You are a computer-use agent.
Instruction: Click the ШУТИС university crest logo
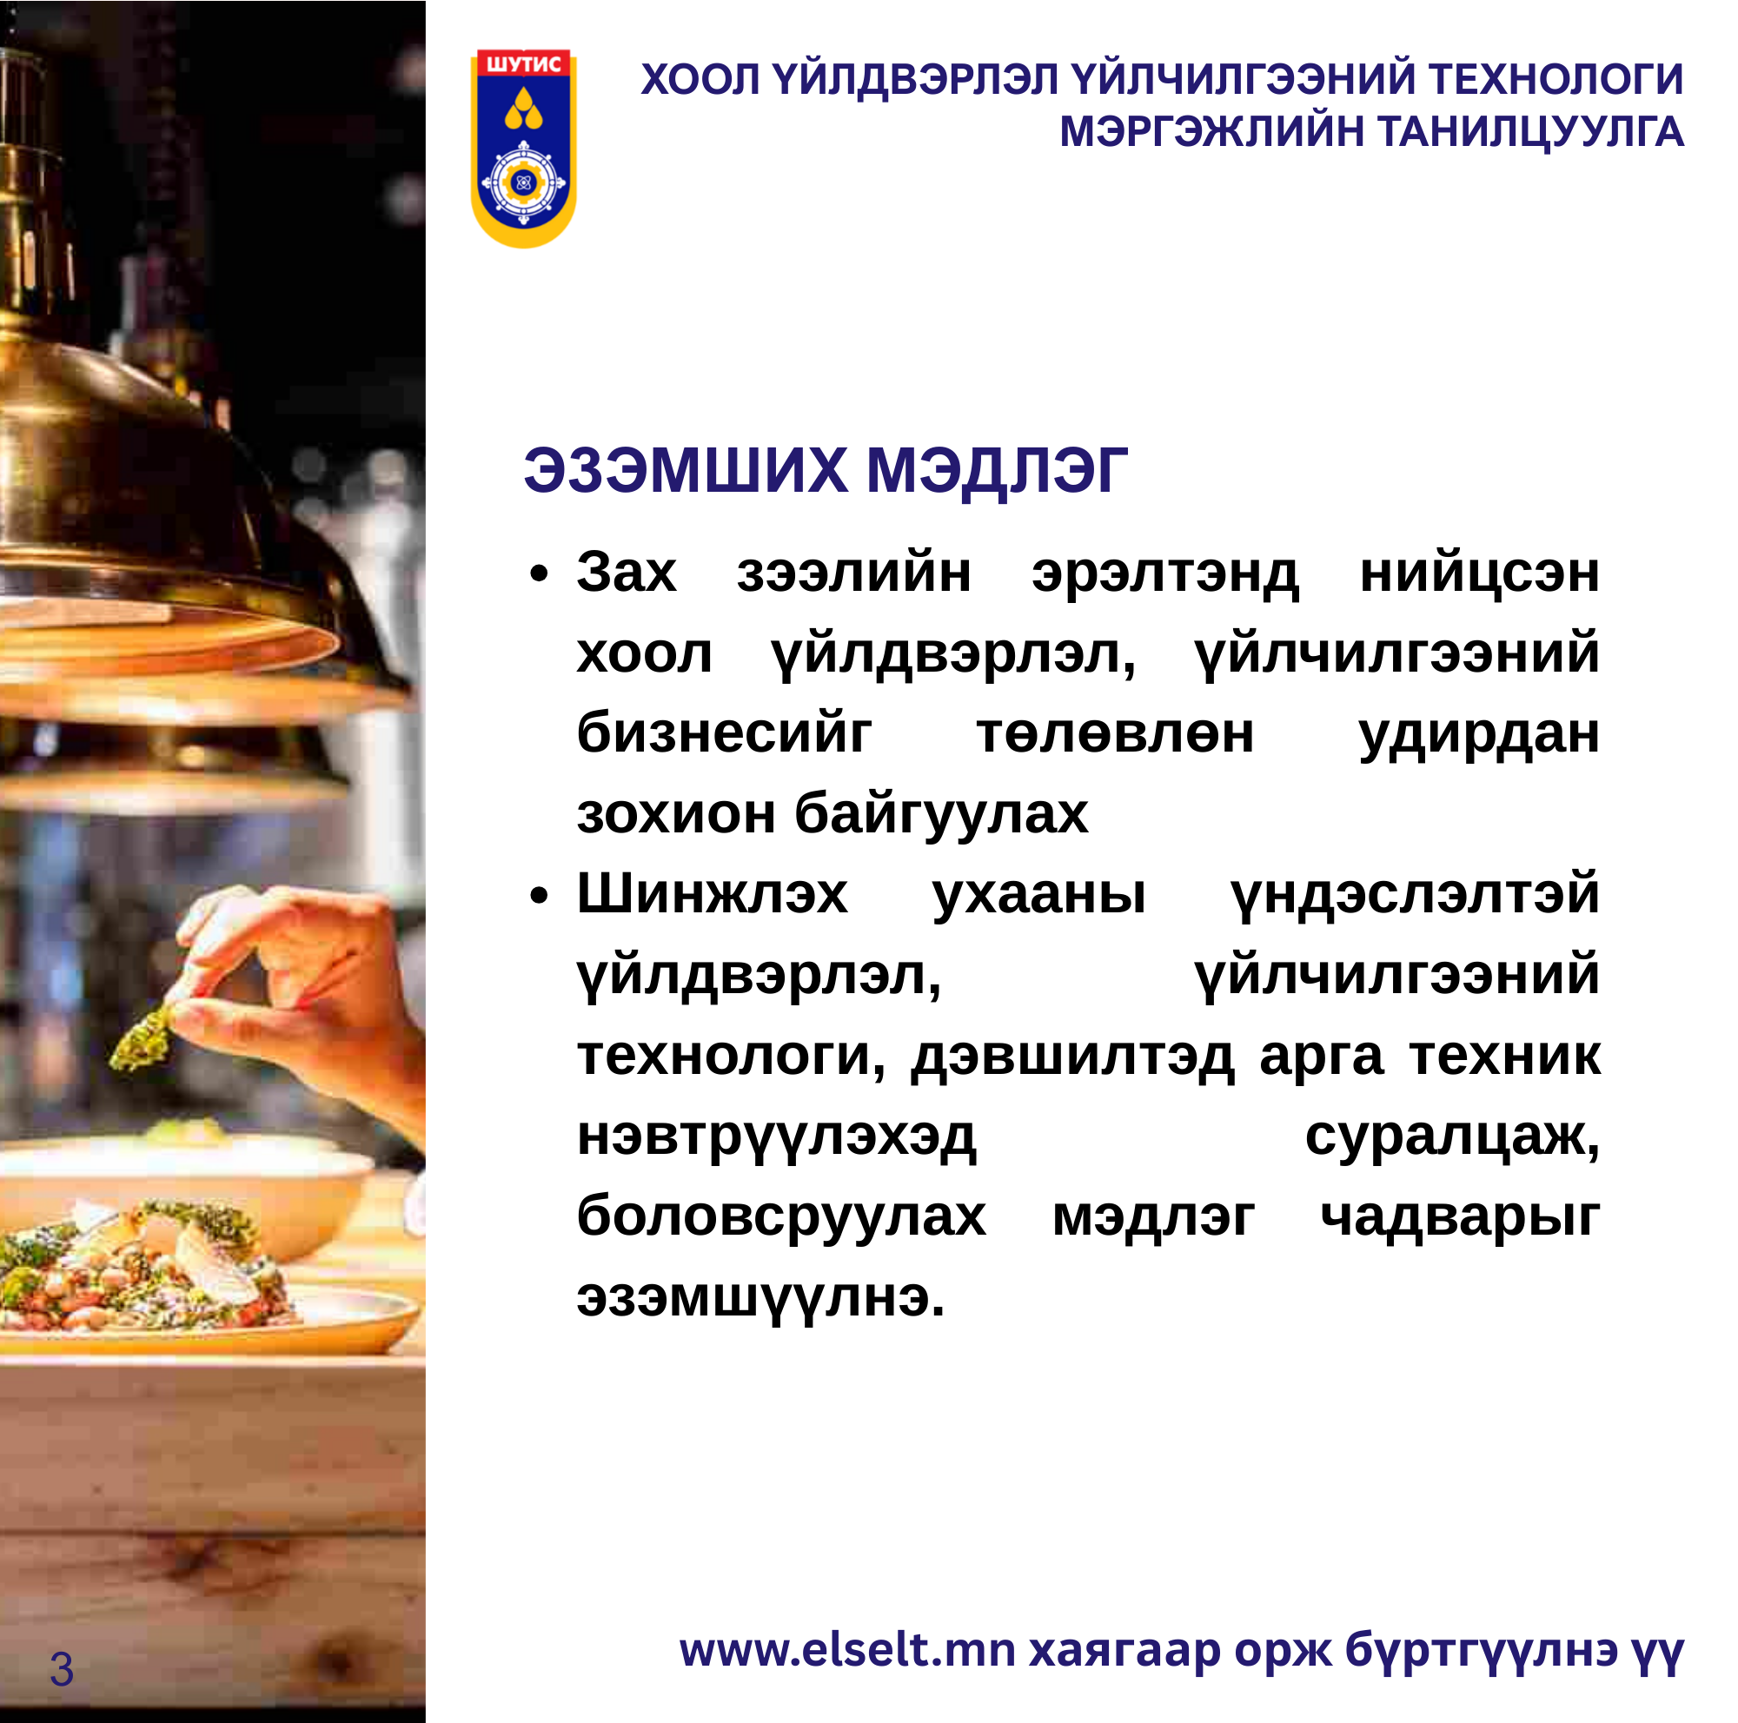click(523, 149)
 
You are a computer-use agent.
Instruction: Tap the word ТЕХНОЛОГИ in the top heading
click(1556, 79)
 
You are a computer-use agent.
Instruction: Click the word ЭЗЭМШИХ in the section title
click(686, 470)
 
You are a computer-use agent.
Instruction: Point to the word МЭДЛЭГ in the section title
click(997, 472)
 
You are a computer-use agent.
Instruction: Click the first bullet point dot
click(539, 573)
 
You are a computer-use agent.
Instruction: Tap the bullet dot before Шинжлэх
click(539, 896)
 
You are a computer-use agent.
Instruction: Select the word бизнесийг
click(724, 732)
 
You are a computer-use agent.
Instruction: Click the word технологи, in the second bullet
click(732, 1057)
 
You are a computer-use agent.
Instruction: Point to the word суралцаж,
click(1452, 1137)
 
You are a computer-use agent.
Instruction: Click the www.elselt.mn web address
click(847, 1650)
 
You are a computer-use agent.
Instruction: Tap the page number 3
click(62, 1670)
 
